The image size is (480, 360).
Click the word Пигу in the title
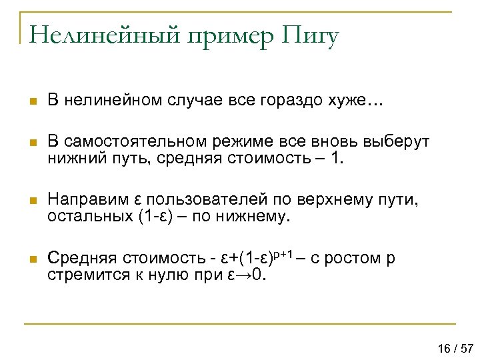[x=311, y=35]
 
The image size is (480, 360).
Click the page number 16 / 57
[x=455, y=349]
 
